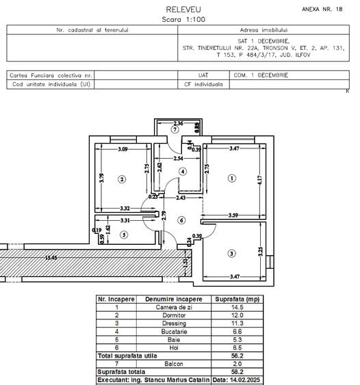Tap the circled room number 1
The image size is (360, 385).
(x=231, y=179)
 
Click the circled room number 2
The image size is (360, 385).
(x=122, y=180)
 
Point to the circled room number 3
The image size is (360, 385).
(x=231, y=254)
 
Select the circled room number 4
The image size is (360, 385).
(x=183, y=172)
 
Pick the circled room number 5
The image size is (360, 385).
(x=123, y=235)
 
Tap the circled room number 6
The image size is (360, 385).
(x=181, y=220)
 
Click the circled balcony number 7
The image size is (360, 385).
(x=175, y=129)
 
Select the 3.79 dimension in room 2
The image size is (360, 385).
(x=101, y=180)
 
